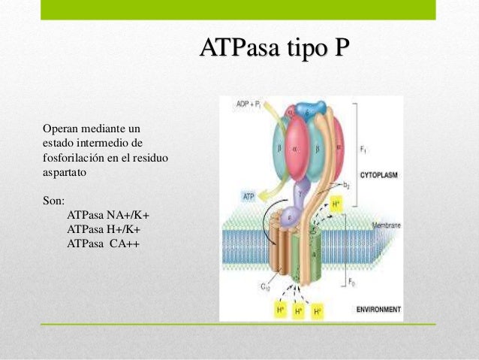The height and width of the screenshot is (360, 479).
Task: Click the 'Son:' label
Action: tap(55, 201)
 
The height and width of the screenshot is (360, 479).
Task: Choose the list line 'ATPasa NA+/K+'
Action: tap(108, 216)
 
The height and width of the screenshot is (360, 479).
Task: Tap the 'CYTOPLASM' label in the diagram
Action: tap(378, 174)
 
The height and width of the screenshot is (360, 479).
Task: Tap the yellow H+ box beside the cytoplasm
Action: tap(337, 204)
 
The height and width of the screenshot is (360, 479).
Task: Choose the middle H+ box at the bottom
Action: tap(298, 310)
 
